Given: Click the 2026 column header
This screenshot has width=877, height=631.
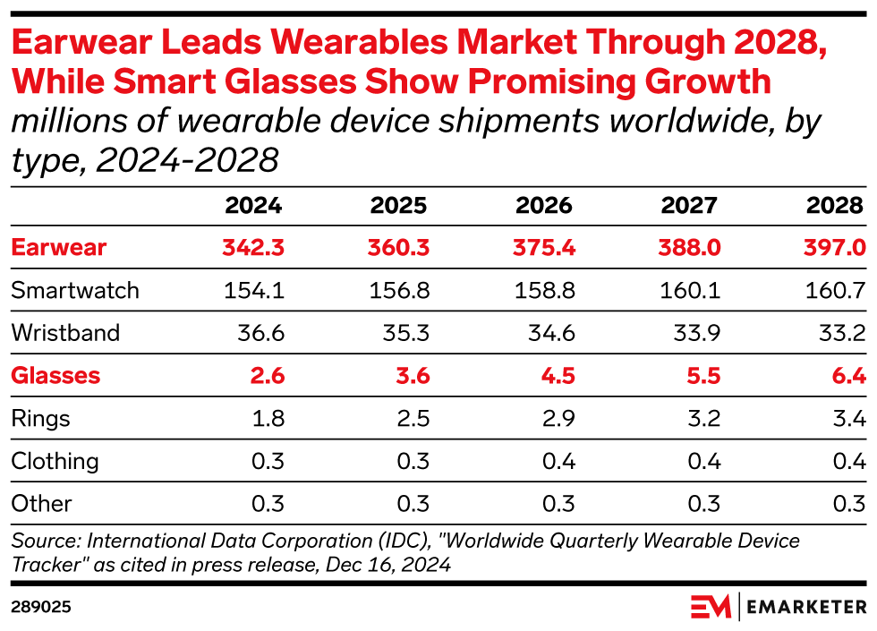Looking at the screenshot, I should pyautogui.click(x=543, y=206).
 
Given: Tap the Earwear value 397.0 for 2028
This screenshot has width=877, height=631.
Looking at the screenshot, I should pyautogui.click(x=836, y=248).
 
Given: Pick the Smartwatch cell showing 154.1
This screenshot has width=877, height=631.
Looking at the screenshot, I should pyautogui.click(x=254, y=291).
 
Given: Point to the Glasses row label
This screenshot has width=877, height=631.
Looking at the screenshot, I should pyautogui.click(x=55, y=376).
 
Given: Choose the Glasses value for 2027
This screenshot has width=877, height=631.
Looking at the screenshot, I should pyautogui.click(x=702, y=376).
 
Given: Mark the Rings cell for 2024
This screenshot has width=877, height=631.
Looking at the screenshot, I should pyautogui.click(x=267, y=418).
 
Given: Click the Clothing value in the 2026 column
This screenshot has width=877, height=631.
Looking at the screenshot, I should pyautogui.click(x=557, y=461).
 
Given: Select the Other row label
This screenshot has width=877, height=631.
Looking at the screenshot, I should pyautogui.click(x=41, y=503).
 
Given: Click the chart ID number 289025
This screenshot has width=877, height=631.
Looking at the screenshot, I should pyautogui.click(x=40, y=607).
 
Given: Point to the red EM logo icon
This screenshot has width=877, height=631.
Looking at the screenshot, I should pyautogui.click(x=711, y=606).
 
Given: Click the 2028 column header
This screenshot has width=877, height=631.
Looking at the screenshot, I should pyautogui.click(x=834, y=206).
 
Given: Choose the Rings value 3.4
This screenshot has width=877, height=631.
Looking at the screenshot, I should pyautogui.click(x=847, y=418).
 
